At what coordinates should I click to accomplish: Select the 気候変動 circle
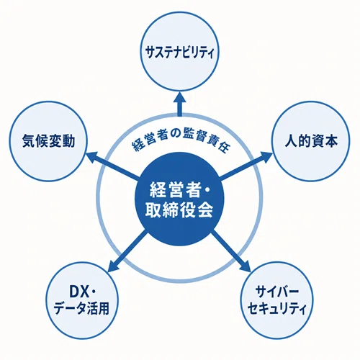pyautogui.click(x=48, y=141)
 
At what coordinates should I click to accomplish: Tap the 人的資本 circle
pyautogui.click(x=311, y=141)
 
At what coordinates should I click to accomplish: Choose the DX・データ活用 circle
pyautogui.click(x=82, y=301)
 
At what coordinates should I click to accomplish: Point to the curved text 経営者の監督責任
pyautogui.click(x=181, y=142)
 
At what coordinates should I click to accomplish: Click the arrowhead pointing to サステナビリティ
pyautogui.click(x=179, y=97)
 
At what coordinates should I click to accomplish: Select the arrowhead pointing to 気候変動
pyautogui.click(x=92, y=157)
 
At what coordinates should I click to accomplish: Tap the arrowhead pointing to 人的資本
pyautogui.click(x=266, y=157)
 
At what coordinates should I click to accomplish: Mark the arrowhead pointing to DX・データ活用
pyautogui.click(x=114, y=266)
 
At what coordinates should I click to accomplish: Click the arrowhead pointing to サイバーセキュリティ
pyautogui.click(x=245, y=266)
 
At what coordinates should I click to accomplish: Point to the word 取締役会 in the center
pyautogui.click(x=179, y=211)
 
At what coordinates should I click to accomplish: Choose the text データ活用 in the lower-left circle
pyautogui.click(x=81, y=309)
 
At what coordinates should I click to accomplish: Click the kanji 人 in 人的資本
pyautogui.click(x=291, y=141)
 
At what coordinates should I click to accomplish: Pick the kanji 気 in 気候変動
pyautogui.click(x=29, y=141)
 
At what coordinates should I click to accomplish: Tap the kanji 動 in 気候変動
pyautogui.click(x=68, y=141)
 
